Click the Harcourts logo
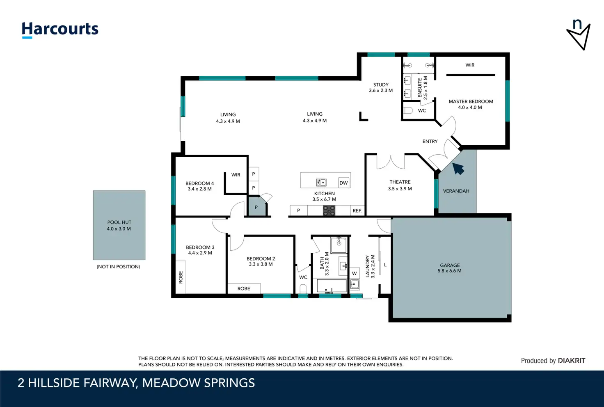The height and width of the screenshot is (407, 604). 60,30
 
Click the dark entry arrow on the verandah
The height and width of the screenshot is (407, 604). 458,169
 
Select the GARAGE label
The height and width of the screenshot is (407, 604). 450,265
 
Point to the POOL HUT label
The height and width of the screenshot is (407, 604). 119,222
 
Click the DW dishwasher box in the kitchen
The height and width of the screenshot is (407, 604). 343,183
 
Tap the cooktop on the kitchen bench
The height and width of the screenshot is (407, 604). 329,210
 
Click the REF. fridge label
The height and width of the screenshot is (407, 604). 357,211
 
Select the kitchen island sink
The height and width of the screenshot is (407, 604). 321,183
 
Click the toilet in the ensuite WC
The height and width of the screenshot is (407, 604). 408,110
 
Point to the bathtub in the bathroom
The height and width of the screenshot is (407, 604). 332,286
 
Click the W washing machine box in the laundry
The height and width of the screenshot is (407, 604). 354,273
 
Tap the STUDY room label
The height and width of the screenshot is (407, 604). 381,85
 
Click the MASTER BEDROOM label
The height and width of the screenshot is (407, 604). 471,101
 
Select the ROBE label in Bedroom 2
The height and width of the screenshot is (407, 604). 244,288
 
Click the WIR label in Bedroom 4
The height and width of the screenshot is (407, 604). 236,175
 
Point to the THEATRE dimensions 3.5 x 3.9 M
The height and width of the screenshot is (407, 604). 400,189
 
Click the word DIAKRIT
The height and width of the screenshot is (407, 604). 571,361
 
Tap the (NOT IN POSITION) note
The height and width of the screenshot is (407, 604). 118,267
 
